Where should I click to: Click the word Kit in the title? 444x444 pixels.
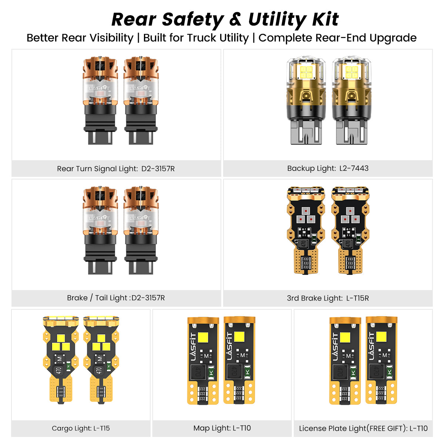coord(325,19)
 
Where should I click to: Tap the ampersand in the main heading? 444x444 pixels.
coord(235,19)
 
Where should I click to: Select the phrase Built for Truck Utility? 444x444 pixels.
coord(196,38)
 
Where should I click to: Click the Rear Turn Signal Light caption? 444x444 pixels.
coord(116,169)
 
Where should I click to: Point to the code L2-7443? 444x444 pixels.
coord(354,168)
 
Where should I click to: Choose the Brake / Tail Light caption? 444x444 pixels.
coord(116,298)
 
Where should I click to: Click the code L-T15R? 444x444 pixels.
coord(357,298)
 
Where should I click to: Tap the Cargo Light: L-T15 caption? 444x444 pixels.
coord(81,428)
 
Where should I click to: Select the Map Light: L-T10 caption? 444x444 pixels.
coord(222,428)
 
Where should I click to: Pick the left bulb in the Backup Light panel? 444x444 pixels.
coord(306,100)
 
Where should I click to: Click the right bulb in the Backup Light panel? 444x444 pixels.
coord(351,100)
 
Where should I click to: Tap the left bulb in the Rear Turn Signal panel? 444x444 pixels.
coord(100,100)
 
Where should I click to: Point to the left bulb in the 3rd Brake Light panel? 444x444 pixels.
coord(306,231)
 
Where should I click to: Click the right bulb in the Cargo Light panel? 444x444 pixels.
coord(101,360)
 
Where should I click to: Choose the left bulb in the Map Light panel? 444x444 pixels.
coord(203,361)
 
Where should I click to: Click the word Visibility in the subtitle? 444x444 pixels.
coord(111,38)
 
